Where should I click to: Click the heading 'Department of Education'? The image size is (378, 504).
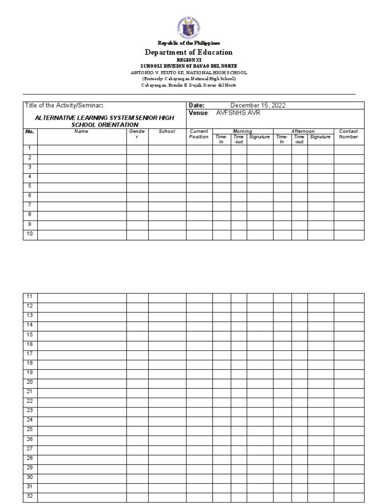[x=189, y=52]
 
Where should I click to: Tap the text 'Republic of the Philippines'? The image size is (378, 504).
[x=189, y=44]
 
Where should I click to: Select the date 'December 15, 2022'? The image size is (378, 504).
[x=257, y=105]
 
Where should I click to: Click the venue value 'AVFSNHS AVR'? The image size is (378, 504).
[x=238, y=113]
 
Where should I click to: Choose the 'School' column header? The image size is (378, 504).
[x=167, y=131]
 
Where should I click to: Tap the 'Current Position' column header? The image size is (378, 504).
[x=199, y=134]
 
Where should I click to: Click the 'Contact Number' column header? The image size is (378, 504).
[x=348, y=134]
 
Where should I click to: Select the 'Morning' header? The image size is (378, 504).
[x=243, y=131]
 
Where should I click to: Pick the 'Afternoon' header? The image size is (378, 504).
[x=303, y=131]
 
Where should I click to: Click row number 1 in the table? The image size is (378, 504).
[x=30, y=148]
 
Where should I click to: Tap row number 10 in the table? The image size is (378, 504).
[x=30, y=234]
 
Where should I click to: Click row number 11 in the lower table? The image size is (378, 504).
[x=30, y=296]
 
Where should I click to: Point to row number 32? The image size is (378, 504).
[x=30, y=496]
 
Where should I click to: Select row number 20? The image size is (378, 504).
[x=30, y=382]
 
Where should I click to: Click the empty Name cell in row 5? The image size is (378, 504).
[x=82, y=187]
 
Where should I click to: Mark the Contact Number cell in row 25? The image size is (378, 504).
[x=348, y=430]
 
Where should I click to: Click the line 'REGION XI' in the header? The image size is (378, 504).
[x=189, y=60]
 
